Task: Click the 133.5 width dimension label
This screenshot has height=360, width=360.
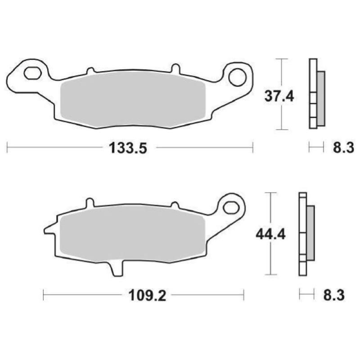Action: pos(128,147)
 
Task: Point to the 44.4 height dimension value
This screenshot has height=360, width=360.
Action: pos(270,234)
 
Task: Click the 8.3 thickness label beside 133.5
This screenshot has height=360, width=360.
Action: pos(344,147)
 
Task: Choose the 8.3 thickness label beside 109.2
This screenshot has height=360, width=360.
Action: pos(333,296)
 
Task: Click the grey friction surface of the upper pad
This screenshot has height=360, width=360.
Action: pos(133,99)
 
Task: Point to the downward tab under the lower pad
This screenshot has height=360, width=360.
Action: pos(115,269)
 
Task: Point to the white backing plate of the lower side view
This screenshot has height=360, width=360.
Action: pos(302,234)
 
